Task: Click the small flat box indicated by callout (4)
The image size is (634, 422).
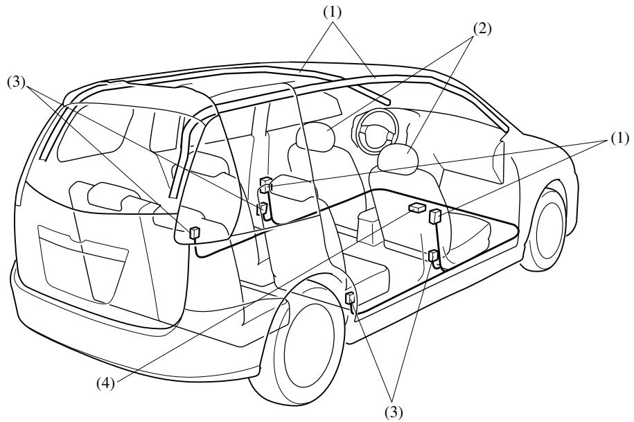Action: point(416,208)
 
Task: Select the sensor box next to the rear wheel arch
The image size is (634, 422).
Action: point(350,299)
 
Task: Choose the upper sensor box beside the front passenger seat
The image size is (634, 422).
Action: point(436,216)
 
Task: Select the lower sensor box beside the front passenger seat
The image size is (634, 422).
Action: point(433,256)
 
